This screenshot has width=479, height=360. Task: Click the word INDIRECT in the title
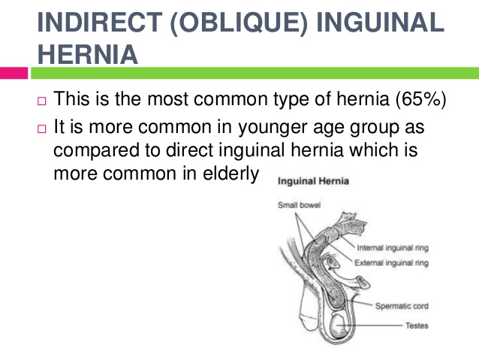(100, 23)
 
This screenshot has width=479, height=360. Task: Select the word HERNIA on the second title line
(88, 54)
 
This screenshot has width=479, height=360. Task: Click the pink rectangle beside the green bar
(14, 73)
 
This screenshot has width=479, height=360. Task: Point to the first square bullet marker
(42, 101)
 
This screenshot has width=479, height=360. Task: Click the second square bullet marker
(42, 129)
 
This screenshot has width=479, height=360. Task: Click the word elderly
(231, 174)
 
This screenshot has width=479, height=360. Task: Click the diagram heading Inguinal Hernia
(313, 181)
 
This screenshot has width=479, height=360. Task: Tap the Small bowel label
(299, 205)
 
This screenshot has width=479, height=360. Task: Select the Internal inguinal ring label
(393, 247)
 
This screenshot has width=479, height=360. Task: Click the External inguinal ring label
(391, 263)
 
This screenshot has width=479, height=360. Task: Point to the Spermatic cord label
(402, 306)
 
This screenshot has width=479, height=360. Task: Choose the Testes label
(417, 325)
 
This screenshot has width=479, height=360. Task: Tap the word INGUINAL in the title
(380, 23)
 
